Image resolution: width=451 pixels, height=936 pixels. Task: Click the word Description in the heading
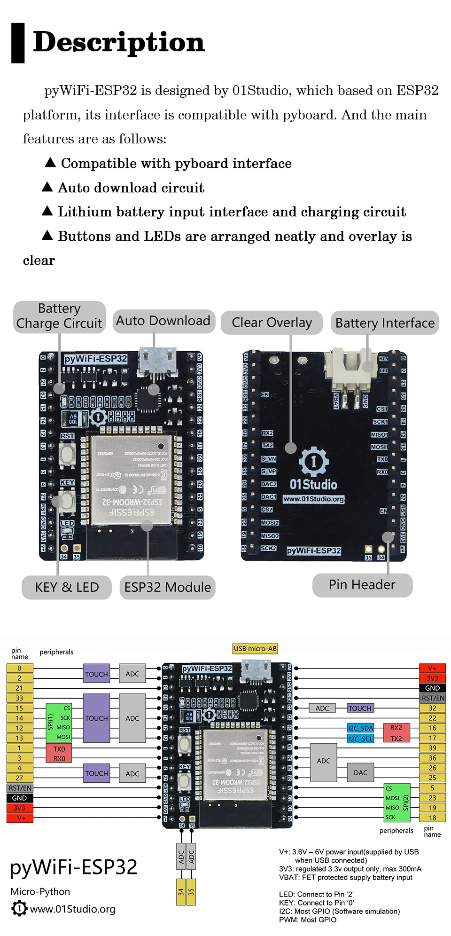tap(119, 42)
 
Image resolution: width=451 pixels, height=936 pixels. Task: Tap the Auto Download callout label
tap(163, 321)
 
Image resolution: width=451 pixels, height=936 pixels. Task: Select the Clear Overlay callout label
tap(272, 322)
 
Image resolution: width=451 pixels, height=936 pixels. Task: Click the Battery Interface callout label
tap(385, 323)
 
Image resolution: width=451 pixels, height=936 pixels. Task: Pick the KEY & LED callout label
tap(67, 587)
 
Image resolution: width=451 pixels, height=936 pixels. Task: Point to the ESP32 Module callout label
tap(167, 587)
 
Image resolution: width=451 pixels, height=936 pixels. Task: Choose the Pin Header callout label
tap(362, 585)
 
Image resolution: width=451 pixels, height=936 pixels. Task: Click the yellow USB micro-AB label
tap(255, 649)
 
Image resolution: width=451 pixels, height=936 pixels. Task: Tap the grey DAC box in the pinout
tap(360, 772)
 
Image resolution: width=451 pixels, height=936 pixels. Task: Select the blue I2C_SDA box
tap(360, 728)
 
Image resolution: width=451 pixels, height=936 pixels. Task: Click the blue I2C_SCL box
tap(360, 739)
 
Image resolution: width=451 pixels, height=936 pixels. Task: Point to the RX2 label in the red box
tap(396, 728)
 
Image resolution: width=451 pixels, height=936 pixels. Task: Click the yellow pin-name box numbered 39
tap(432, 748)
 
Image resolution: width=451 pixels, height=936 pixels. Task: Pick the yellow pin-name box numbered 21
tap(19, 688)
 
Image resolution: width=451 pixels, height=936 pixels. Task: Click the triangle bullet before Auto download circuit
tap(47, 187)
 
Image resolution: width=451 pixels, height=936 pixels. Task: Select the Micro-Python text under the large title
tap(40, 891)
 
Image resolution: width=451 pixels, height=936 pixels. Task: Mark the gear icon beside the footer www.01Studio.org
tap(19, 908)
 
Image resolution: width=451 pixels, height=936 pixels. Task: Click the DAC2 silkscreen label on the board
tap(269, 484)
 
